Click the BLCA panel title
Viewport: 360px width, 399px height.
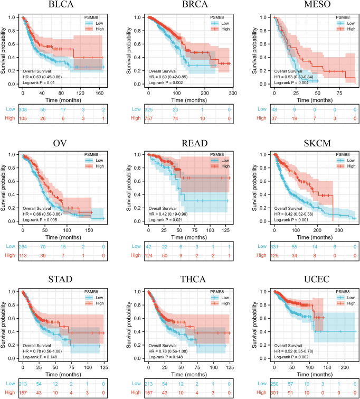pos(54,6)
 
